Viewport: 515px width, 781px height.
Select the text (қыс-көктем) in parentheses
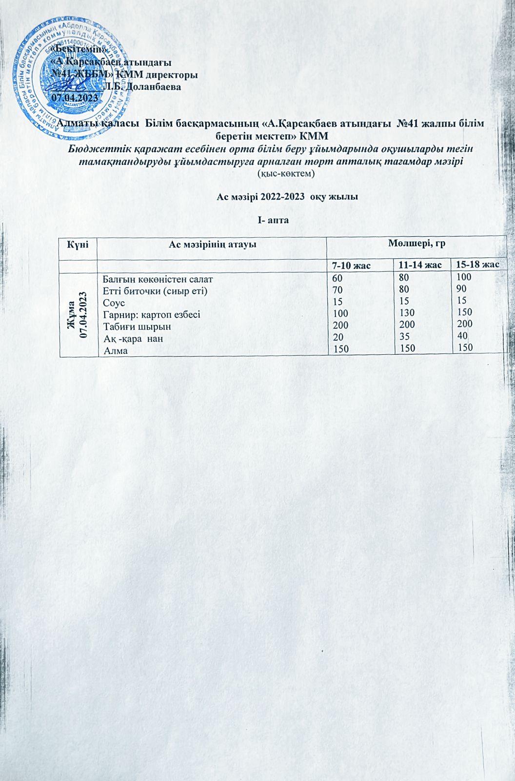tap(286, 173)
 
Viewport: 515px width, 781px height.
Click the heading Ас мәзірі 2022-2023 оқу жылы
tap(287, 197)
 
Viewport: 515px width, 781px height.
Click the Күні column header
tap(78, 244)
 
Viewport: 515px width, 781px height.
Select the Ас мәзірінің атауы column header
tap(212, 244)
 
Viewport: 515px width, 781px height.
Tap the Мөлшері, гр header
tap(418, 243)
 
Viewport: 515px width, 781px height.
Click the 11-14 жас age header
tap(420, 265)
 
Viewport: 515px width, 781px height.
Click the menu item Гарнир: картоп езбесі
tap(152, 315)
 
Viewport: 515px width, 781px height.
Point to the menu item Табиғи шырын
tap(137, 326)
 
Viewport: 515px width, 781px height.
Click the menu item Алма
tap(112, 349)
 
